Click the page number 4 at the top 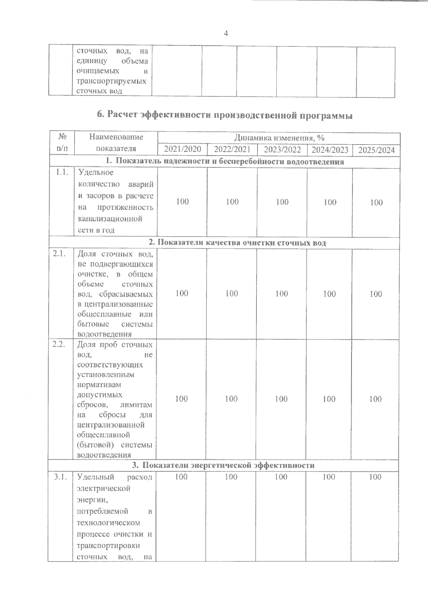coord(225,34)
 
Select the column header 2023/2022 coord(282,149)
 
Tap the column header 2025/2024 coord(376,150)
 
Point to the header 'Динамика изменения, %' coord(279,138)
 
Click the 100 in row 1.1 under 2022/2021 coord(232,202)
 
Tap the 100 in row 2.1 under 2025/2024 coord(376,294)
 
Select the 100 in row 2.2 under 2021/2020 coord(182,398)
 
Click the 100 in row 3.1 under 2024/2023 coord(329,477)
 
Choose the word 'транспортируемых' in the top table coord(111,81)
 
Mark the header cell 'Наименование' coord(116,137)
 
